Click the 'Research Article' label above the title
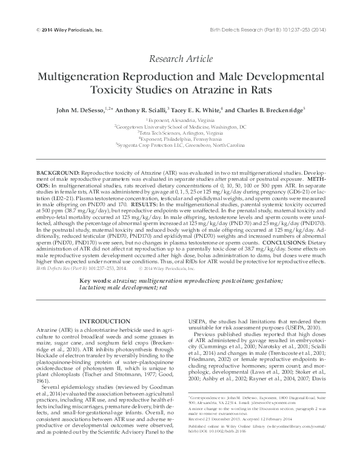coord(179,59)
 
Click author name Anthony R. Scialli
coord(146,110)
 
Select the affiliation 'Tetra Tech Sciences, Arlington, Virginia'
coord(180,133)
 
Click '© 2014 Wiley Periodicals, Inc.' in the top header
coord(70,29)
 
